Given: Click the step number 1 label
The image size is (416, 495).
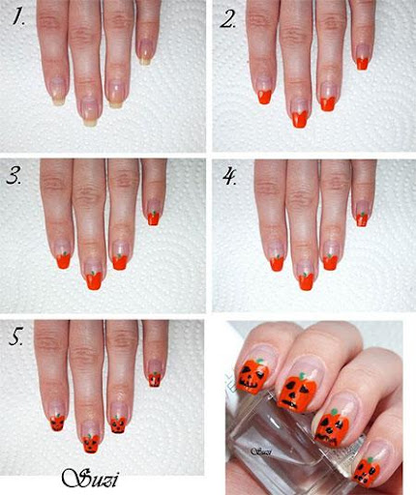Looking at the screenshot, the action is (x=18, y=16).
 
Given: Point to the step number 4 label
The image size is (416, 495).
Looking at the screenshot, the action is (x=229, y=176).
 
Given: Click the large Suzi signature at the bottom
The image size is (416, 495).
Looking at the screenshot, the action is (x=90, y=479).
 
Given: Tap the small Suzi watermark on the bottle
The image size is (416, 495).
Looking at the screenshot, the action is (x=261, y=451).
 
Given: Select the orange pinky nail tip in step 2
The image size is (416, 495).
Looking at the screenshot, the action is (x=363, y=64).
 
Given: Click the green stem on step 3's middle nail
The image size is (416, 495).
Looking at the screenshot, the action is (x=94, y=274).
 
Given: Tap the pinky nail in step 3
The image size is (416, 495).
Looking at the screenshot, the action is (x=154, y=213).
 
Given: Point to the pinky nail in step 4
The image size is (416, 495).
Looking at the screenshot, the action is (x=363, y=215).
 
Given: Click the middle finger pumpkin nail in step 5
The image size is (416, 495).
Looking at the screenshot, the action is (x=91, y=444).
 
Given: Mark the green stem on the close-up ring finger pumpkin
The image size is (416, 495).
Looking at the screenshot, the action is (x=334, y=412).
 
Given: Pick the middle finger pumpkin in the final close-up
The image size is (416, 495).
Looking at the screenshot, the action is (x=296, y=393).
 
